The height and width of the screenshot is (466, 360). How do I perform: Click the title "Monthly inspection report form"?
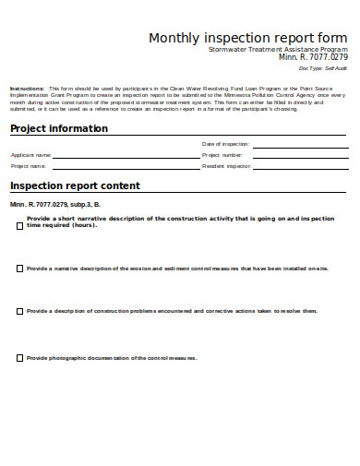pyautogui.click(x=248, y=38)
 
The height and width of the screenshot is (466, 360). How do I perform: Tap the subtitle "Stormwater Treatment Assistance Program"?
pyautogui.click(x=278, y=49)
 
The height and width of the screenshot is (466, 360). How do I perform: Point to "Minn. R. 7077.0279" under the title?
pyautogui.click(x=308, y=57)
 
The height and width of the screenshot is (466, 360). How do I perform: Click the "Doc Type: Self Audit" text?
pyautogui.click(x=323, y=68)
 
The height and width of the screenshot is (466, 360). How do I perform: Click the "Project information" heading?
pyautogui.click(x=59, y=128)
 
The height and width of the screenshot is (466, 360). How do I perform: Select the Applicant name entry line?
pyautogui.click(x=124, y=158)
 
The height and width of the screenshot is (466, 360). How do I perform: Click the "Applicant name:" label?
pyautogui.click(x=31, y=156)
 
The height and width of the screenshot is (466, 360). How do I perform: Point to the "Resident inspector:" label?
pyautogui.click(x=226, y=167)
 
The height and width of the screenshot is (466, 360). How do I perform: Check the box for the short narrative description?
pyautogui.click(x=19, y=224)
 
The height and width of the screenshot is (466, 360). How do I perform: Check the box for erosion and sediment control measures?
pyautogui.click(x=19, y=269)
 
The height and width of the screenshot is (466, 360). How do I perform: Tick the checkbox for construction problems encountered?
pyautogui.click(x=19, y=312)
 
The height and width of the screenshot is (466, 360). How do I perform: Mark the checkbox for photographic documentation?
pyautogui.click(x=19, y=358)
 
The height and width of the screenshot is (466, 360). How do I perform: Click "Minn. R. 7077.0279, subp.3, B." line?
pyautogui.click(x=55, y=203)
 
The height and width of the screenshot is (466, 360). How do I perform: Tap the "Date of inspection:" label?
pyautogui.click(x=225, y=144)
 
